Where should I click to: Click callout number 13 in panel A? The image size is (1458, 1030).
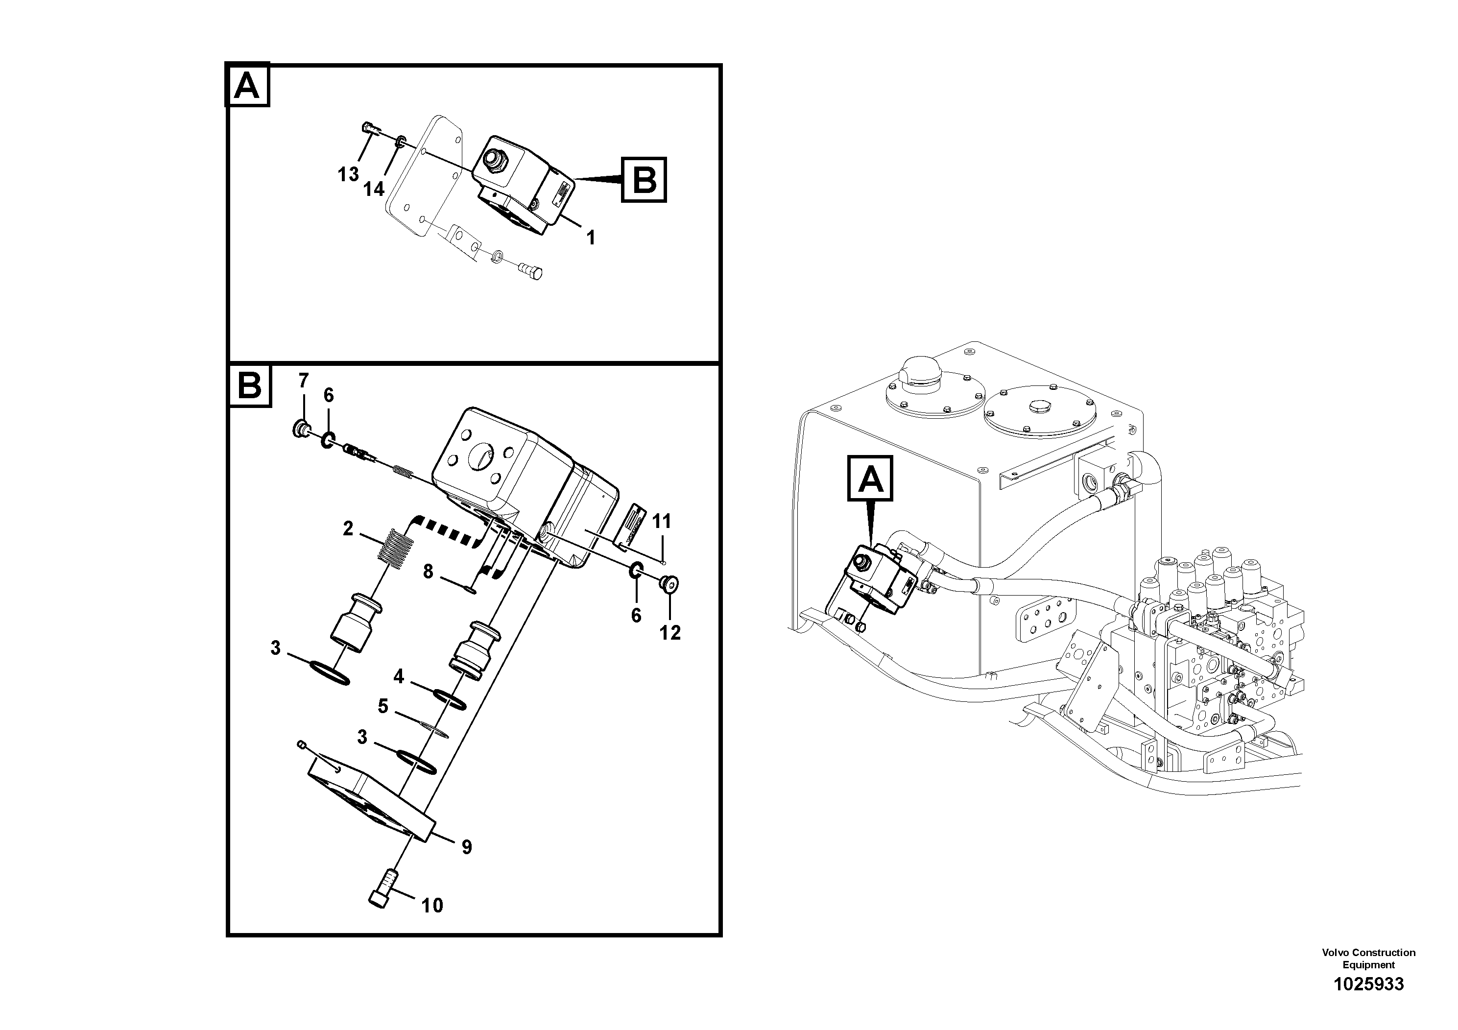click(348, 174)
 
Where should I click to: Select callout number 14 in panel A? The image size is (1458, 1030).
click(374, 189)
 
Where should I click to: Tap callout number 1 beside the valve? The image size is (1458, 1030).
click(591, 238)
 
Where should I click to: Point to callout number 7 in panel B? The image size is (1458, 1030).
click(304, 381)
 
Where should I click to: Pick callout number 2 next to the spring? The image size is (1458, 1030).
click(348, 528)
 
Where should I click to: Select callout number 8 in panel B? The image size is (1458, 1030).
click(428, 572)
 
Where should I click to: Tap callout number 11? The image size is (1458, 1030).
click(662, 521)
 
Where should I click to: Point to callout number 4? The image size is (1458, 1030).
click(398, 677)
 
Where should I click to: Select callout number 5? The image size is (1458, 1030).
click(383, 706)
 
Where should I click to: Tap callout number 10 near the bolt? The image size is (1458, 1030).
click(432, 906)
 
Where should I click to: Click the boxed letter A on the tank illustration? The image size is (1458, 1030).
click(870, 479)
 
